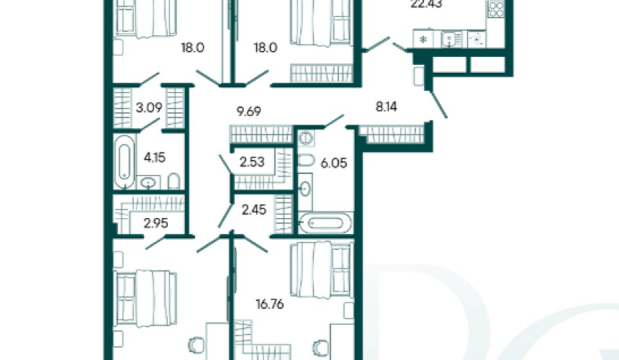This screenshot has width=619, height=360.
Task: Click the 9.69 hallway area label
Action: click(x=249, y=112)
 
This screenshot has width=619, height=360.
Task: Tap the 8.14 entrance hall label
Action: click(x=386, y=107)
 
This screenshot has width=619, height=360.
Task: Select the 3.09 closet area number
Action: click(x=149, y=107)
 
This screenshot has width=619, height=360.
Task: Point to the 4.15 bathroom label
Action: click(x=155, y=158)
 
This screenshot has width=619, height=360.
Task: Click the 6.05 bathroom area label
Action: click(x=333, y=163)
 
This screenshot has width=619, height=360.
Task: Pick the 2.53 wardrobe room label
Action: click(x=252, y=162)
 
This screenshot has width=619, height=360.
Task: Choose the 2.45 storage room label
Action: click(x=254, y=210)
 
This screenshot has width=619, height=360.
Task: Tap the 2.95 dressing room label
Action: click(x=156, y=223)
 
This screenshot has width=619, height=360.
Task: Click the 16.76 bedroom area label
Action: click(x=270, y=305)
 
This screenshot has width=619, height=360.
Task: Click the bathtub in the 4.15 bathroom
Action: click(x=125, y=162)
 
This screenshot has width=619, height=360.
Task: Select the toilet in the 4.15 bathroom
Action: click(x=173, y=181)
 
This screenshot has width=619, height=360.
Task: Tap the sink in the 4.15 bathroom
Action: click(x=148, y=183)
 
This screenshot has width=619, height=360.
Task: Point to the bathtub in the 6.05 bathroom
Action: click(x=325, y=224)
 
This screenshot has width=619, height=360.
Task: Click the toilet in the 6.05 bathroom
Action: click(x=306, y=161)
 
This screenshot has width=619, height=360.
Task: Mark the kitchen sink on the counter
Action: click(x=449, y=39)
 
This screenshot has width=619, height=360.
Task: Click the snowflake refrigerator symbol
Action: click(x=423, y=40)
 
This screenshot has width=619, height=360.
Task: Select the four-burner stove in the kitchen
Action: click(x=496, y=9)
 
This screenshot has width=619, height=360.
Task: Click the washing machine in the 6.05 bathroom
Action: click(x=306, y=138)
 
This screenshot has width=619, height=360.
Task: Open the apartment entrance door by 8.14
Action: click(x=438, y=104)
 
